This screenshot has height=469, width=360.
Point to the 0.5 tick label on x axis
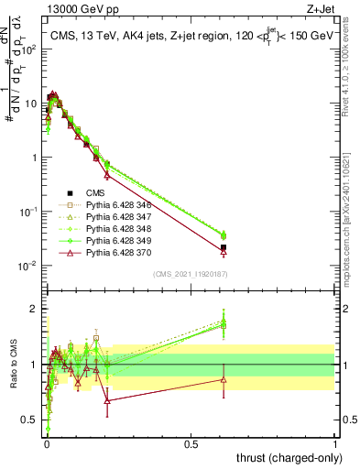point(191,443)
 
